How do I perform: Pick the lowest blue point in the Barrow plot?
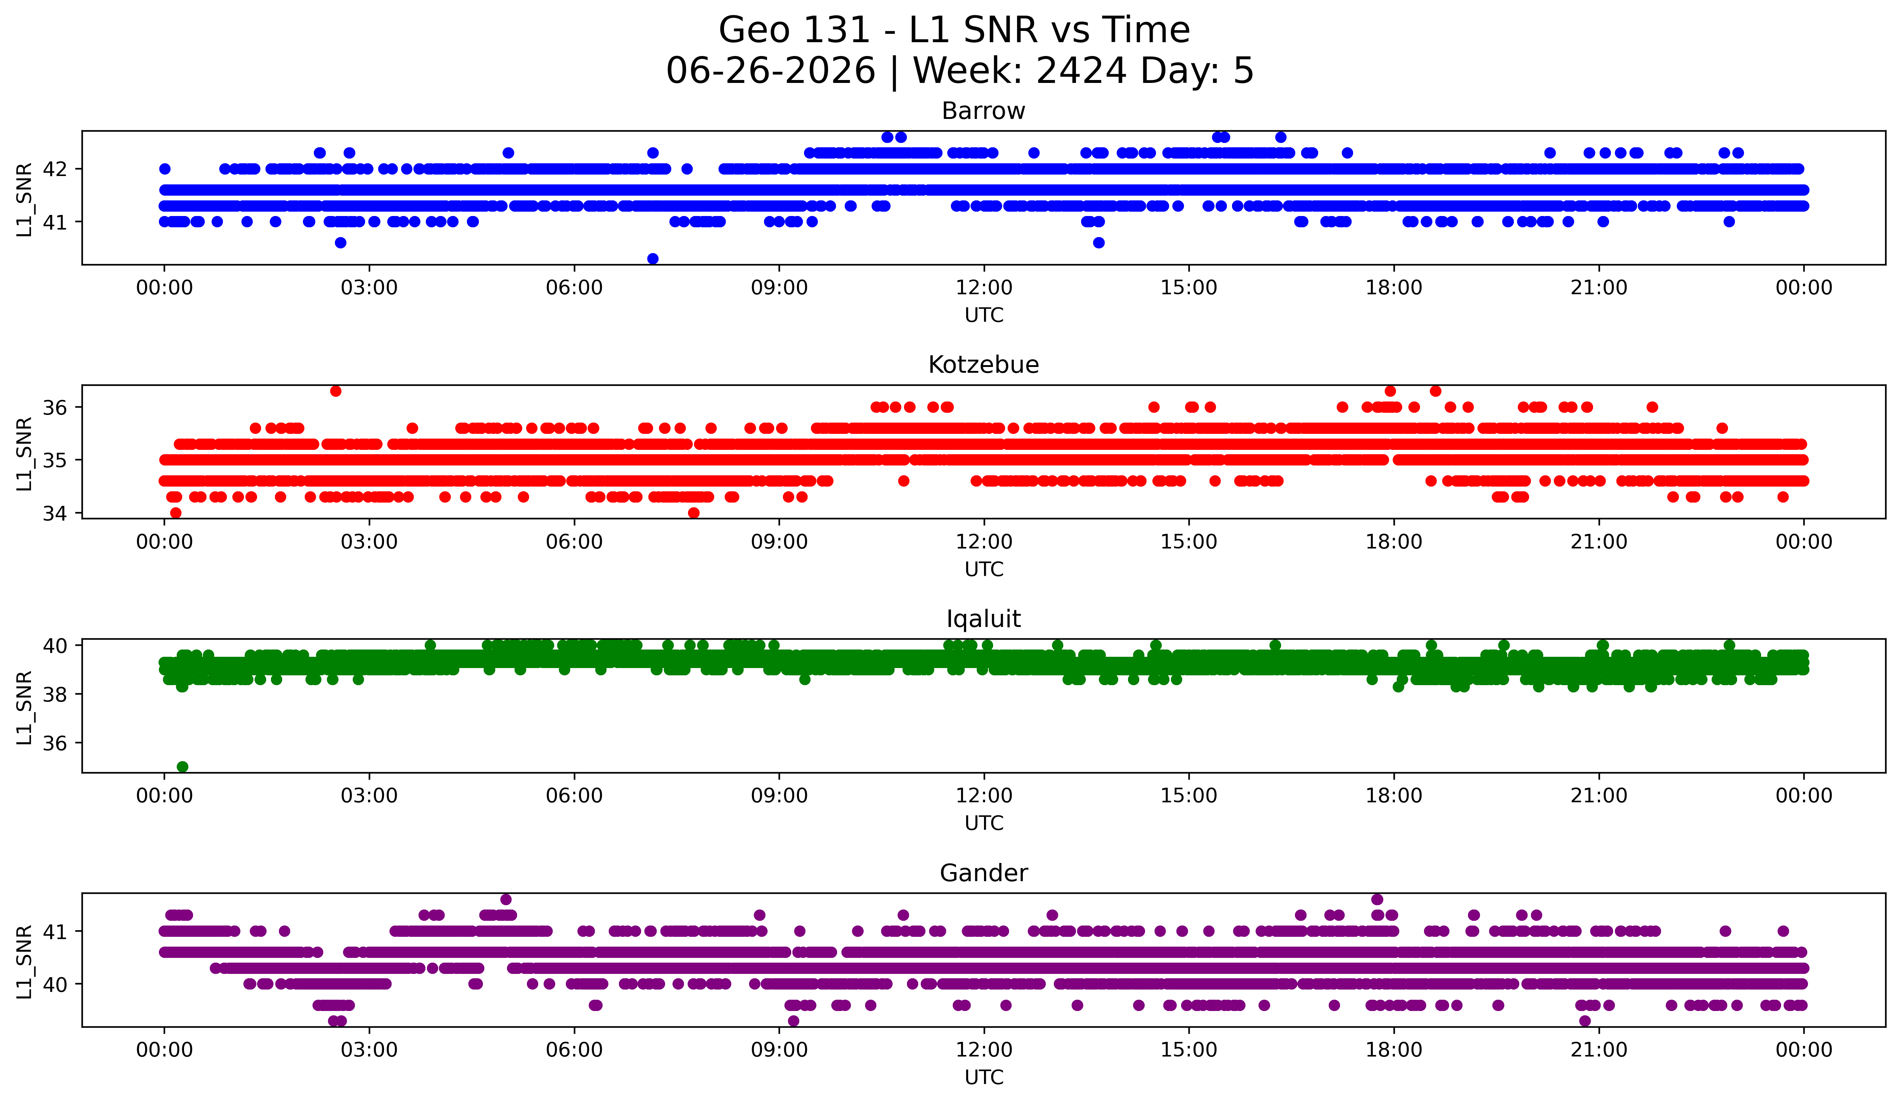(x=653, y=259)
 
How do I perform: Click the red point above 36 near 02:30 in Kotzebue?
(x=336, y=391)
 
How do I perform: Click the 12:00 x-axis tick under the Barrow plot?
(x=984, y=287)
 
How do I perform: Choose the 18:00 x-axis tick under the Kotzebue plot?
(x=1393, y=541)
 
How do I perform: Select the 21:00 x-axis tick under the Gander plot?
(x=1599, y=1050)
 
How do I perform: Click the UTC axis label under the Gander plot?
(x=984, y=1078)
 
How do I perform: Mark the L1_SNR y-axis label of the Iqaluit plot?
(x=25, y=707)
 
